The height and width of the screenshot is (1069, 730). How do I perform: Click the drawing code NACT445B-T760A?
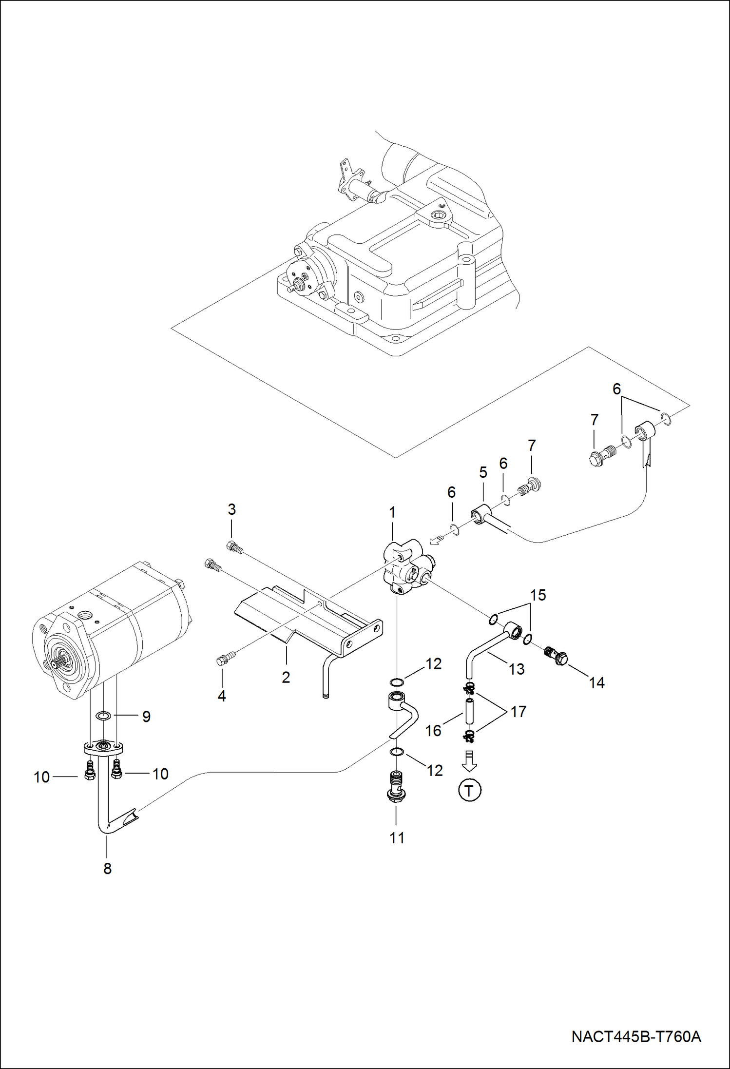pyautogui.click(x=636, y=1036)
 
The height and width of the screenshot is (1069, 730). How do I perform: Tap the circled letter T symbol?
pyautogui.click(x=469, y=790)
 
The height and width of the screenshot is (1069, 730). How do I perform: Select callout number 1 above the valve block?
pyautogui.click(x=392, y=512)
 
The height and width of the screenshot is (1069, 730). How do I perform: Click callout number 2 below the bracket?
pyautogui.click(x=286, y=677)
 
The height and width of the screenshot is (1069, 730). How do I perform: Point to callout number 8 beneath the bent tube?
pyautogui.click(x=108, y=868)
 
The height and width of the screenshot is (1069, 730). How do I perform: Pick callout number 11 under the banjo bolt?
pyautogui.click(x=397, y=837)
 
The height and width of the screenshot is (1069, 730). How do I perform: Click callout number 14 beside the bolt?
pyautogui.click(x=596, y=682)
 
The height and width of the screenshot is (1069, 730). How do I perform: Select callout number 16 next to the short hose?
pyautogui.click(x=433, y=730)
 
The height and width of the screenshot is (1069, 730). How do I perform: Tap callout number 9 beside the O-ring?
pyautogui.click(x=146, y=716)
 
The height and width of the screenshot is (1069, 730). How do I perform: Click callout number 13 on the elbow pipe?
pyautogui.click(x=517, y=669)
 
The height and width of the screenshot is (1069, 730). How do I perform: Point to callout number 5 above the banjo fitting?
pyautogui.click(x=483, y=472)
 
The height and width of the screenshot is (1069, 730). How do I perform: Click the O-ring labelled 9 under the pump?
pyautogui.click(x=103, y=716)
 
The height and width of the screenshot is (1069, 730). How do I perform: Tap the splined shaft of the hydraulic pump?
pyautogui.click(x=52, y=664)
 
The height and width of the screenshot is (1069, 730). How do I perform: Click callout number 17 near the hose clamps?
pyautogui.click(x=519, y=711)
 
